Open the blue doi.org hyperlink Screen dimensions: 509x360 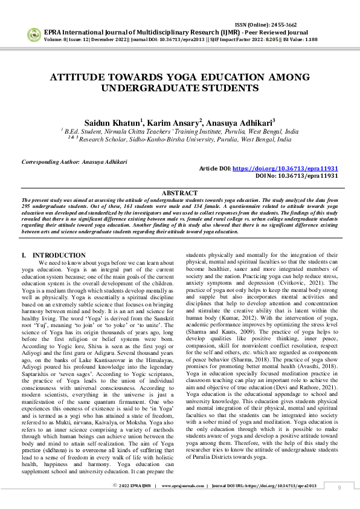pyautogui.click(x=285, y=169)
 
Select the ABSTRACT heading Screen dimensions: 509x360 pyautogui.click(x=179, y=192)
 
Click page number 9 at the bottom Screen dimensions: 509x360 pyautogui.click(x=339, y=487)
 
